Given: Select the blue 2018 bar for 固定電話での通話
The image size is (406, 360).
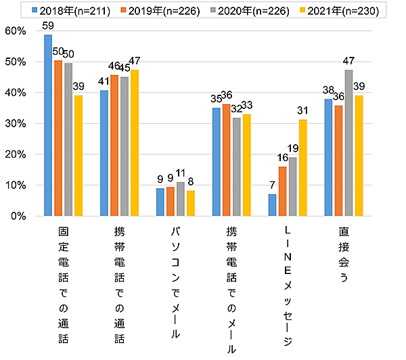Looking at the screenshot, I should click(48, 125).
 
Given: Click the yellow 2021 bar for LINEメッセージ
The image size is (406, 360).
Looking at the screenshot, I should click(302, 168).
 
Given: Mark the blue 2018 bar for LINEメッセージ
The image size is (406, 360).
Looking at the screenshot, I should click(273, 205).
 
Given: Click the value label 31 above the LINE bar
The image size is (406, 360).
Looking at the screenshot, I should click(302, 111).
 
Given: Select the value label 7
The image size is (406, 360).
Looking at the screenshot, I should click(273, 186).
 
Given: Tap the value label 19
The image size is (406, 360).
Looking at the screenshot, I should click(293, 149).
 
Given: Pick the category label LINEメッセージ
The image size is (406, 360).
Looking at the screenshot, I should click(288, 287).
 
